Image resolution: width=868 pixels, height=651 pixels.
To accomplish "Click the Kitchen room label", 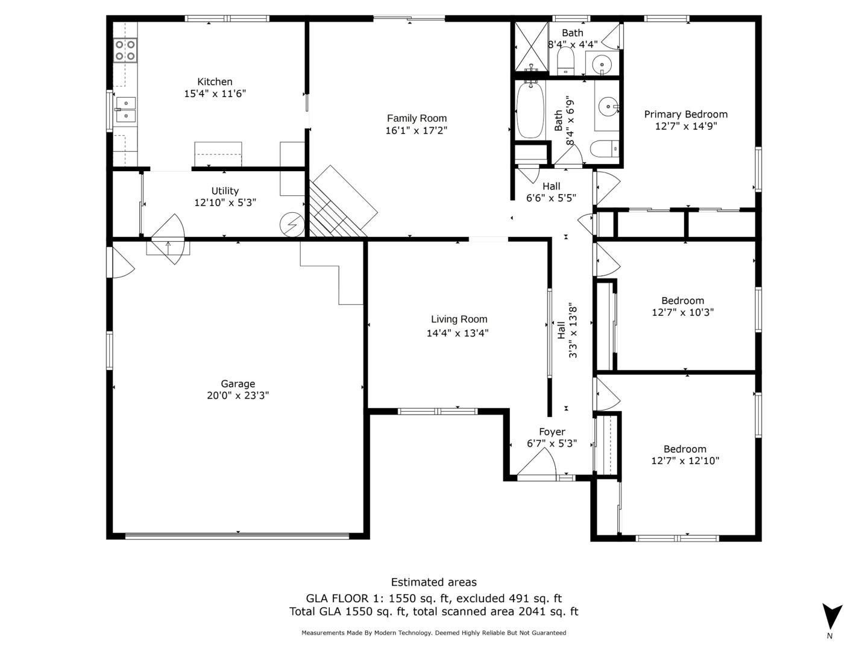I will tap(215, 82).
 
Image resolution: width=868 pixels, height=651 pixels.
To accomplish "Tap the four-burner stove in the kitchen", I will tap(125, 51).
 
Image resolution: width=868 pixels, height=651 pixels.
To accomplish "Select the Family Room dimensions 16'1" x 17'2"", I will tap(417, 130).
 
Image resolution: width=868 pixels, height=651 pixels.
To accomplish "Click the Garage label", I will tap(237, 384).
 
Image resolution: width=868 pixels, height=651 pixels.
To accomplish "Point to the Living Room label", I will tap(459, 319).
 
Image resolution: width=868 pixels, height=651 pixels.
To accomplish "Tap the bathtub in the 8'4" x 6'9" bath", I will tap(530, 110).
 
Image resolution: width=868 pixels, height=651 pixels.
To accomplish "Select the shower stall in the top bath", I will tap(530, 48).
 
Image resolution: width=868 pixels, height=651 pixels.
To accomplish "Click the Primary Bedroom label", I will tap(685, 115).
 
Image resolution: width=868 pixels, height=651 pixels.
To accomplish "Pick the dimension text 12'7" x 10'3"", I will tap(682, 312).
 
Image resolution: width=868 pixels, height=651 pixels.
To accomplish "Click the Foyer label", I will tap(552, 432).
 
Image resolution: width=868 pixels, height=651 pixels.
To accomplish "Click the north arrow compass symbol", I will tap(832, 617).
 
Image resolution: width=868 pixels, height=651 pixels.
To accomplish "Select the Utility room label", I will tap(225, 191).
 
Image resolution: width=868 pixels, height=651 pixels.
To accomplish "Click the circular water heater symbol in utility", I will tap(292, 225).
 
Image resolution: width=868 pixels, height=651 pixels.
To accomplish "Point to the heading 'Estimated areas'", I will tap(433, 582).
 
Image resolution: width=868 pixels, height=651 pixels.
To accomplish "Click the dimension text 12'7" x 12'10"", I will tap(685, 461).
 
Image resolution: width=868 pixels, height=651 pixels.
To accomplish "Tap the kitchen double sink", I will tap(125, 109).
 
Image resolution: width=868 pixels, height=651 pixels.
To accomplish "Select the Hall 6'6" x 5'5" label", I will tap(551, 186).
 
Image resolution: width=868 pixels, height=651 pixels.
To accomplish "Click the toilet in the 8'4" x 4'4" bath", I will tap(565, 61).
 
